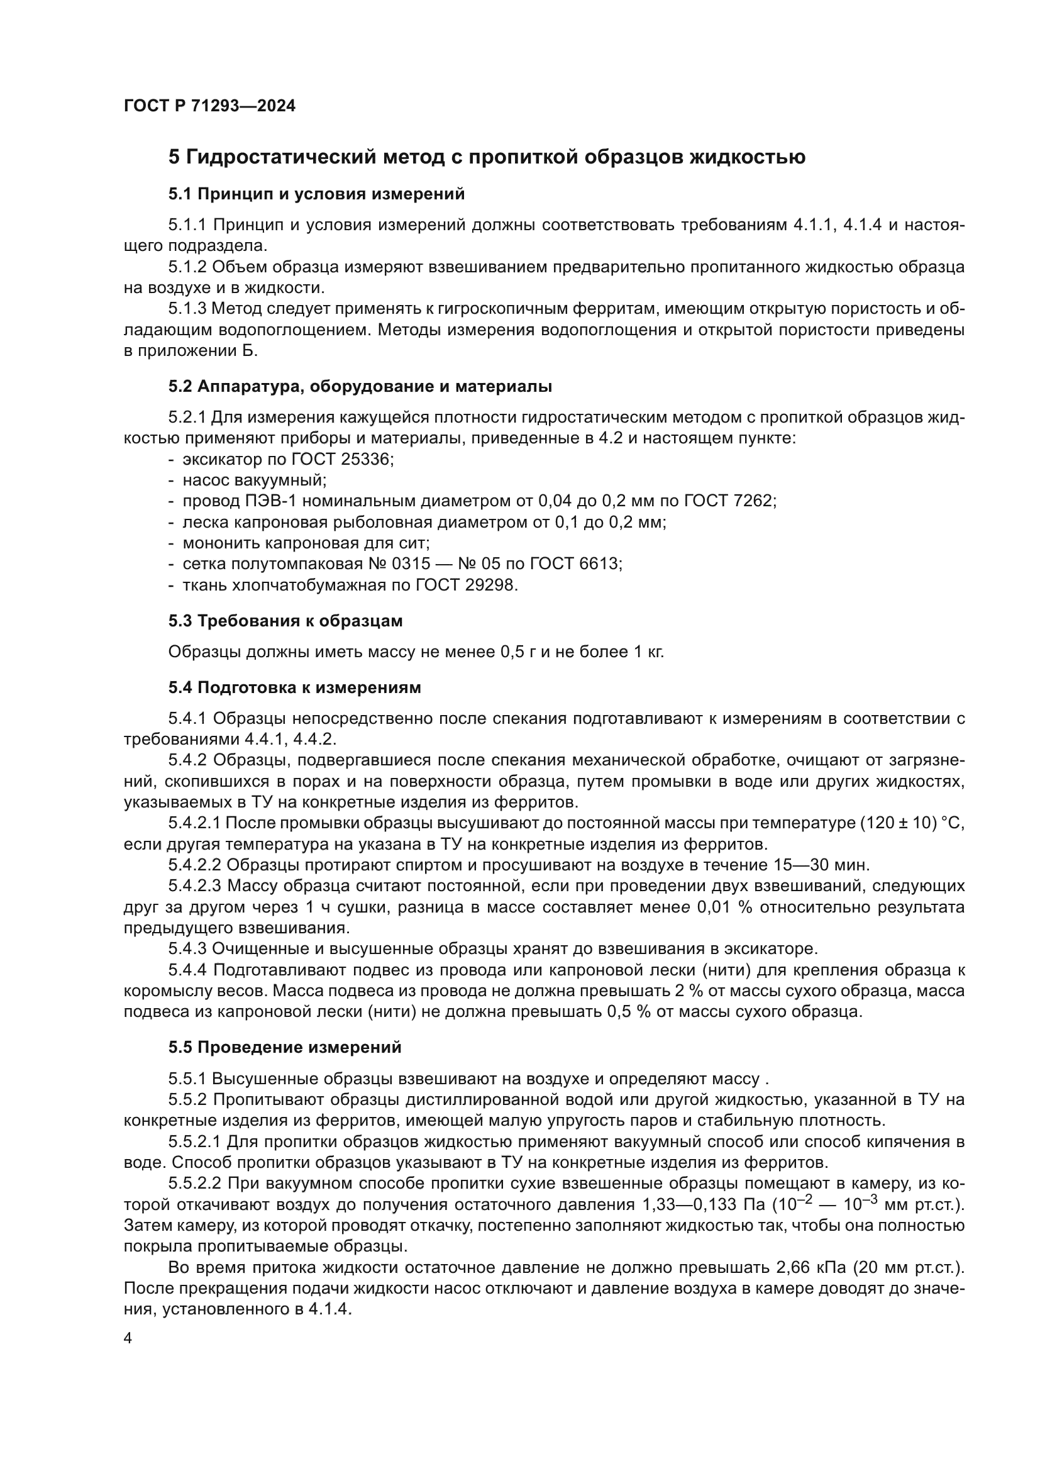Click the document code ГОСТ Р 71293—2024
click(209, 106)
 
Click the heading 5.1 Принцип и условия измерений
click(316, 194)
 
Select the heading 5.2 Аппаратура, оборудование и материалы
click(360, 386)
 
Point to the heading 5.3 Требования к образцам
click(285, 620)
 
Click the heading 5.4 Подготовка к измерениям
click(294, 687)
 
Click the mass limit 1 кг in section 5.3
click(649, 652)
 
